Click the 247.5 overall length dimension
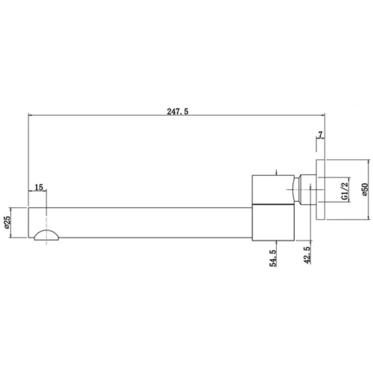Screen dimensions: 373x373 tap(177, 111)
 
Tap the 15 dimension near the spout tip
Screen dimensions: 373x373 tap(39, 187)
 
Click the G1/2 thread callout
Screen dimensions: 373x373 tap(344, 190)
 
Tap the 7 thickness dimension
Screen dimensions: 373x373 tap(320, 135)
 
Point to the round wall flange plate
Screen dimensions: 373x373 tap(321, 190)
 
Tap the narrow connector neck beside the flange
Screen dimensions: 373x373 tap(305, 190)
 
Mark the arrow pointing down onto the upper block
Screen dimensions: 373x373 tap(277, 172)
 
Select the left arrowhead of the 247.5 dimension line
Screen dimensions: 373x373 tap(31, 114)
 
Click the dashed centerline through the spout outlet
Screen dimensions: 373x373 tap(47, 214)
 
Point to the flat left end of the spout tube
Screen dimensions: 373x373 tap(29, 223)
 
